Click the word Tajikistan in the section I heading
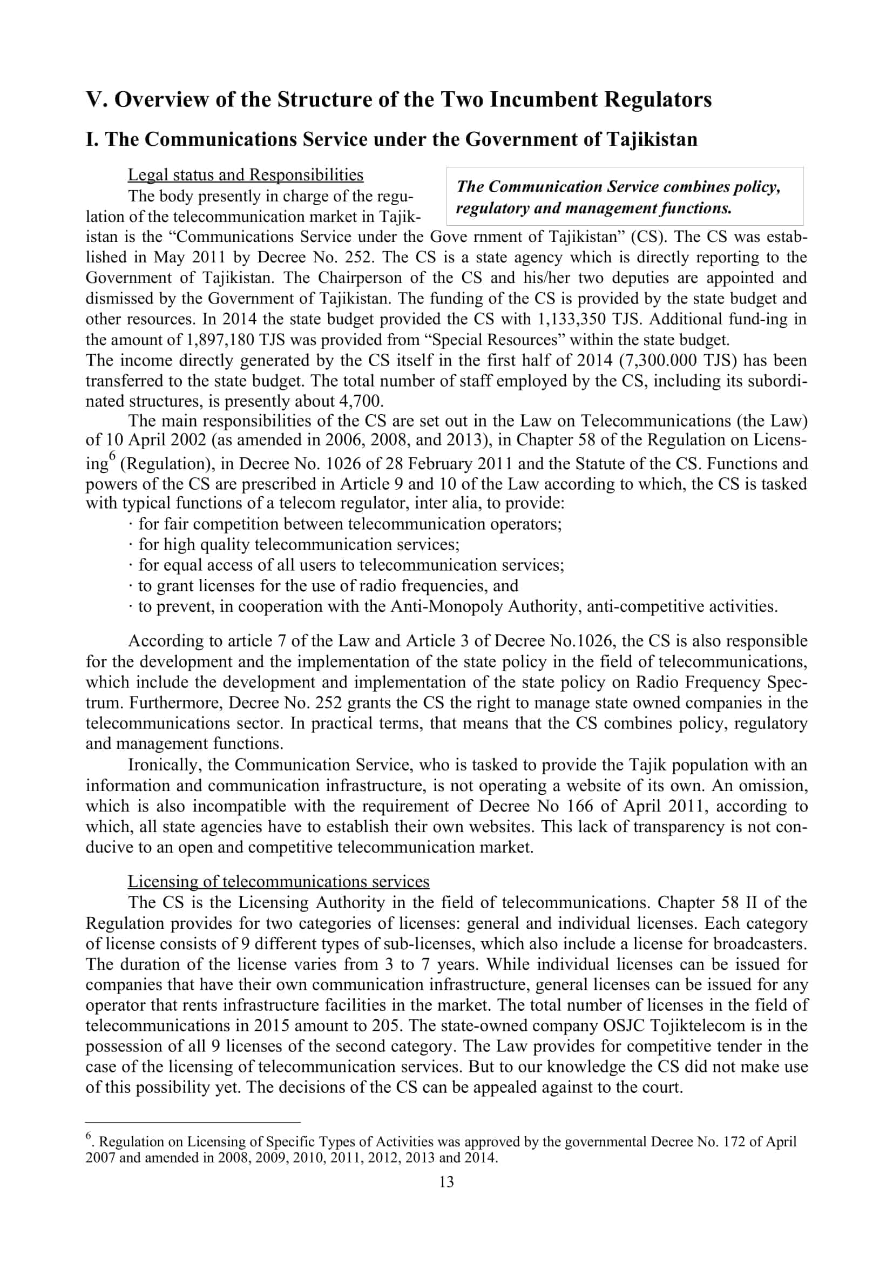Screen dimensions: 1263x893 (652, 139)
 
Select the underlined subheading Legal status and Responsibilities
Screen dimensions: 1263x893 (245, 175)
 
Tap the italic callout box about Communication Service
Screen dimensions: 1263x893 (624, 197)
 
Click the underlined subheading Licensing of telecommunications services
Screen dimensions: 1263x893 (278, 881)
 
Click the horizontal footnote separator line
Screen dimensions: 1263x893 (193, 1122)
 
